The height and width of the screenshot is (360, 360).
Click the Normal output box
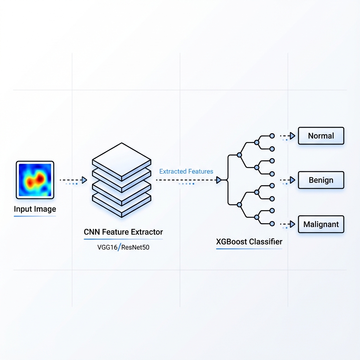(x=321, y=136)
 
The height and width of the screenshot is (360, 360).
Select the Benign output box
(x=321, y=180)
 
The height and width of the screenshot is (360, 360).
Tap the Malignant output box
(x=321, y=224)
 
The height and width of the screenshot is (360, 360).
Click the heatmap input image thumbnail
(x=35, y=180)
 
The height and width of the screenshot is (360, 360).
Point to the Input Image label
(x=35, y=209)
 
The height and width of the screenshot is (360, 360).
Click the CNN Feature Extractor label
(x=123, y=232)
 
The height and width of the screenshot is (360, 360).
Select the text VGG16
(x=108, y=247)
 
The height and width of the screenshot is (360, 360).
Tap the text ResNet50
(x=135, y=247)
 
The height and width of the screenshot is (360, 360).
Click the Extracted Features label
(x=186, y=172)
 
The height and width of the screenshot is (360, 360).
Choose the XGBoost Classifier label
(x=249, y=242)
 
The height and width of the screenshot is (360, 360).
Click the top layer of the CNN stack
(x=121, y=158)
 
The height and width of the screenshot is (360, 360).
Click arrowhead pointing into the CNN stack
(x=84, y=180)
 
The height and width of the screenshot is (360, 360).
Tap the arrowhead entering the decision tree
(x=219, y=180)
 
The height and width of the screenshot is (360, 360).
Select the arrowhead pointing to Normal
(x=292, y=136)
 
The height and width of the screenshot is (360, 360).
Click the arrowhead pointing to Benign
(x=292, y=180)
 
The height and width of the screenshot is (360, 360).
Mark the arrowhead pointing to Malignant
(x=292, y=224)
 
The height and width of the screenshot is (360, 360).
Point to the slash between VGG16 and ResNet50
(x=120, y=247)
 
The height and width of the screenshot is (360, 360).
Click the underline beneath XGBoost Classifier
(x=249, y=249)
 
